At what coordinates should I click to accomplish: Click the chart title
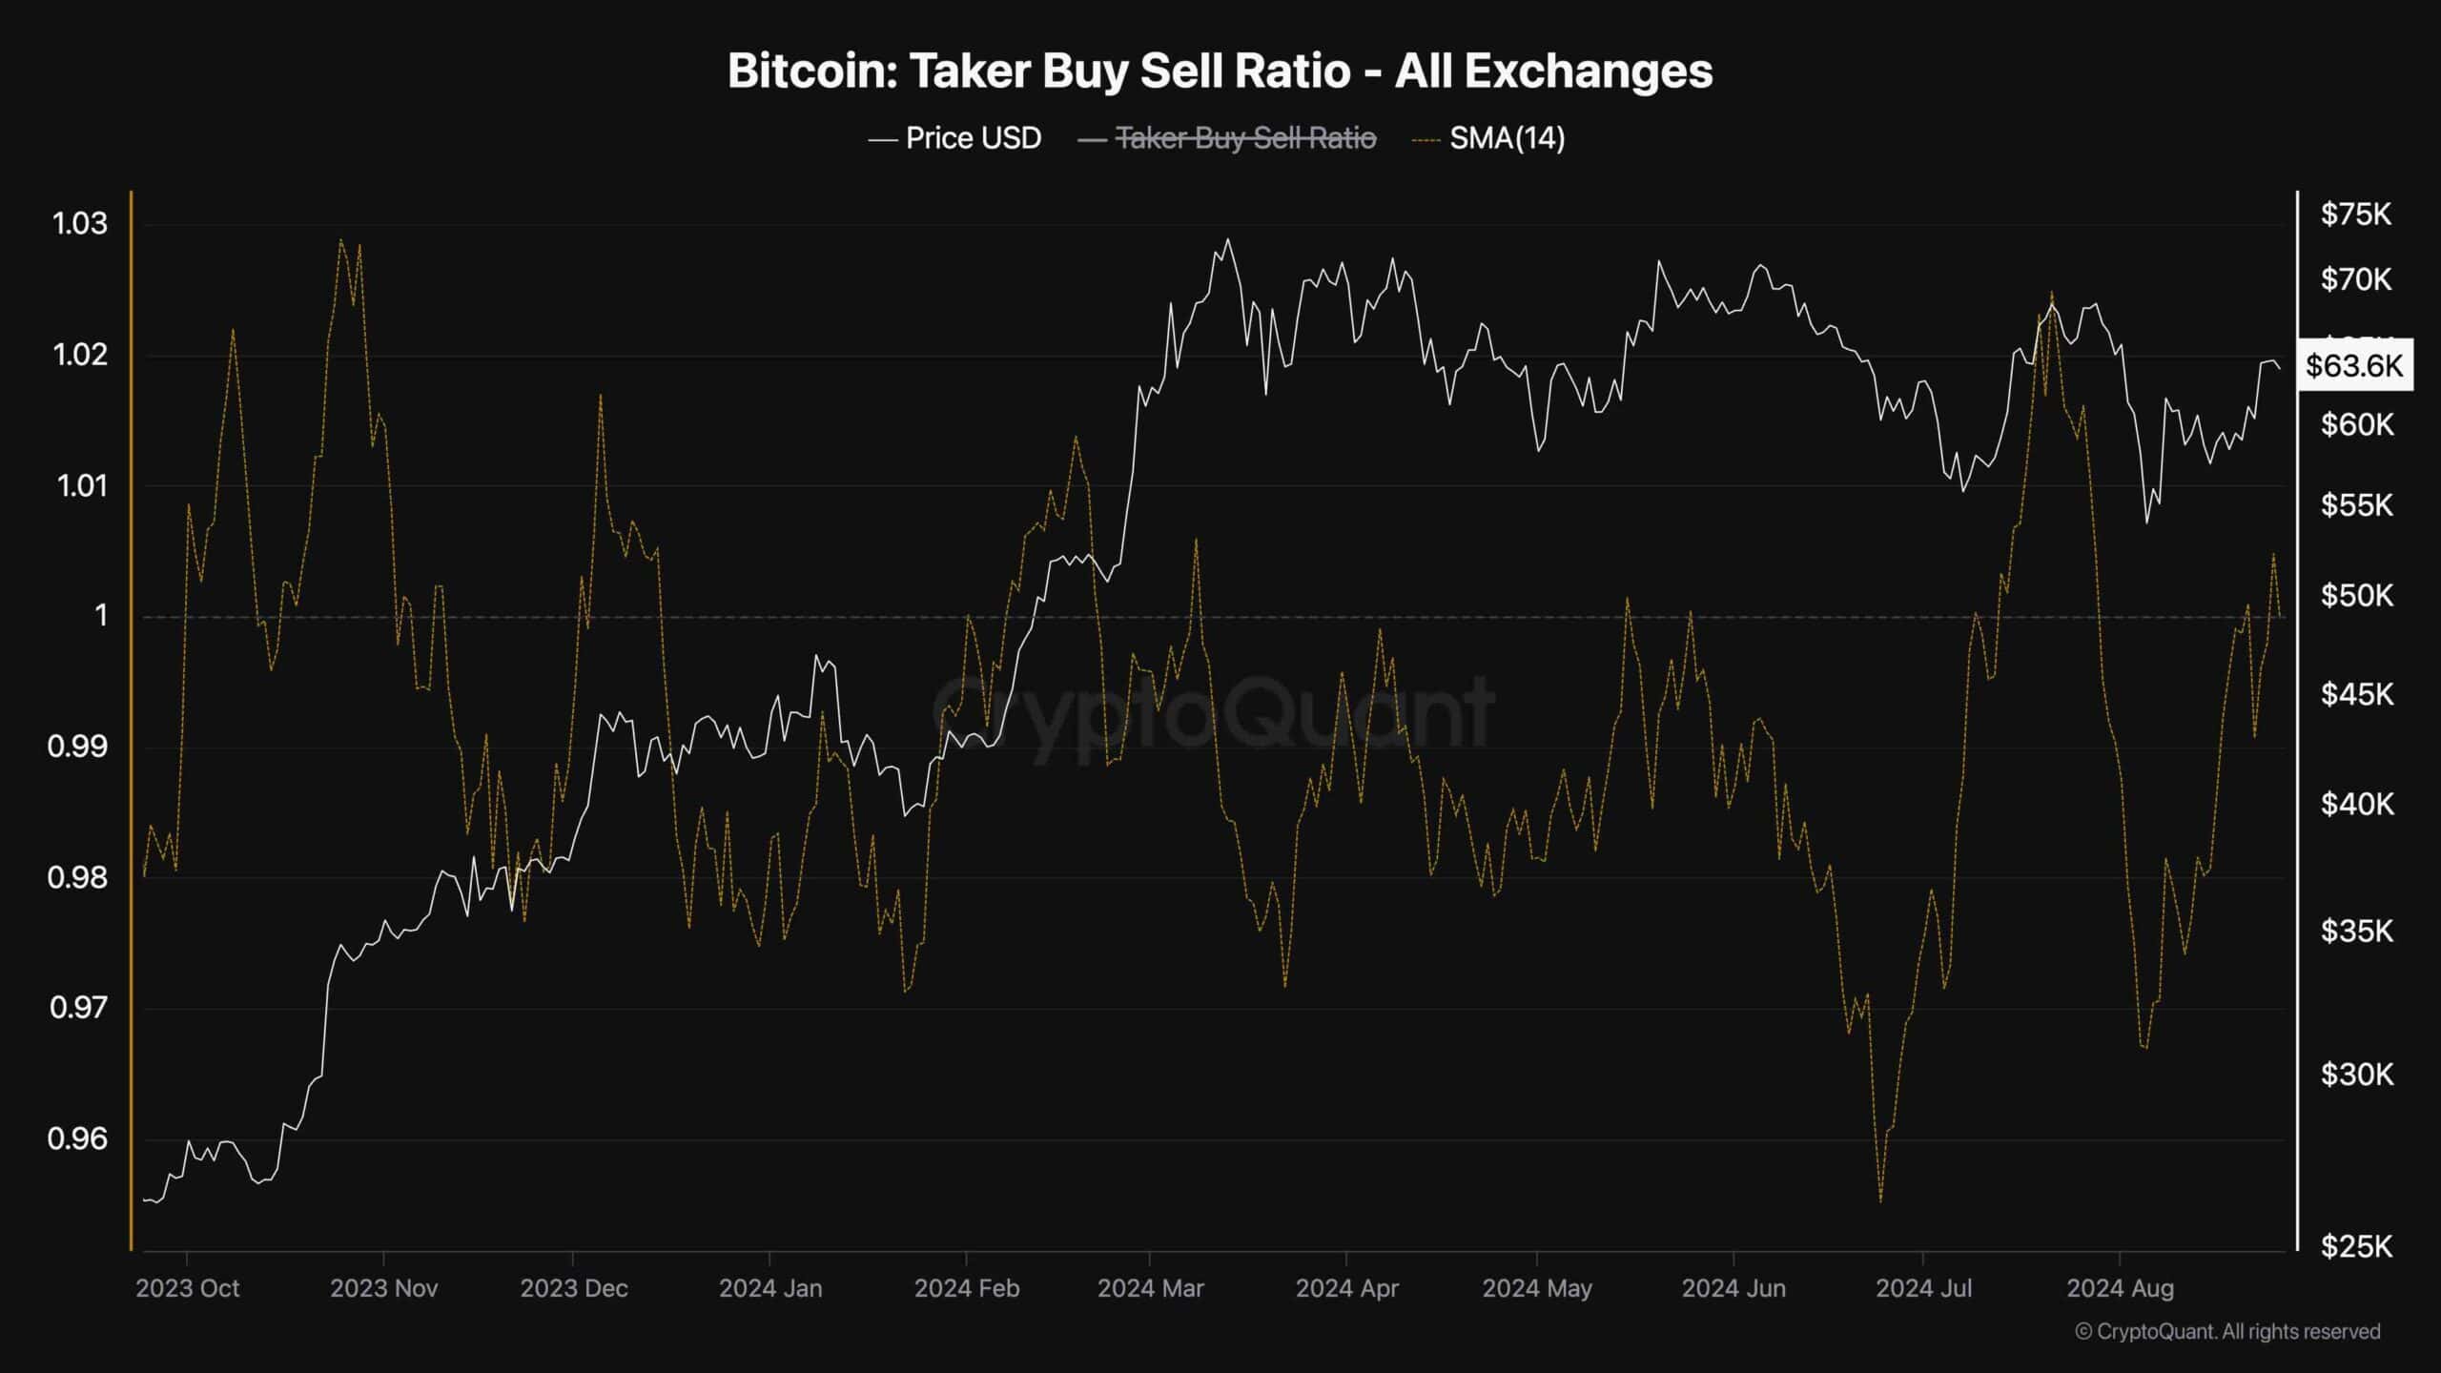(x=1220, y=72)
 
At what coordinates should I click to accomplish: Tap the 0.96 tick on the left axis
(x=77, y=1138)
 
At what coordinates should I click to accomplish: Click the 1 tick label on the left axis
(x=101, y=616)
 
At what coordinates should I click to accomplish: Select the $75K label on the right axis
(x=2355, y=215)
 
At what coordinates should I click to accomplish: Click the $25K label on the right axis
(x=2355, y=1245)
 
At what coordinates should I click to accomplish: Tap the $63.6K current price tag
(x=2354, y=365)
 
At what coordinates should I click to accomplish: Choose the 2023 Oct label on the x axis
(x=188, y=1289)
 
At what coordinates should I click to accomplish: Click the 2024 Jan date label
(x=770, y=1289)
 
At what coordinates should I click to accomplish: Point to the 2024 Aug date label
(x=2120, y=1289)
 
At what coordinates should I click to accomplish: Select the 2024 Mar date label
(x=1150, y=1289)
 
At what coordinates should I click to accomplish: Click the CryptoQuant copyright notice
(x=2227, y=1331)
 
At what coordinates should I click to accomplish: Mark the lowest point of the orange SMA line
(x=1880, y=1201)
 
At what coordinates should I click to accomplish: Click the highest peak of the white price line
(x=1227, y=239)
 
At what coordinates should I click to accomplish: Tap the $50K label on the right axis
(x=2355, y=596)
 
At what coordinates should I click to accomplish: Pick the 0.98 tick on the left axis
(x=77, y=877)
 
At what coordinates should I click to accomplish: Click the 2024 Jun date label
(x=1733, y=1289)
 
